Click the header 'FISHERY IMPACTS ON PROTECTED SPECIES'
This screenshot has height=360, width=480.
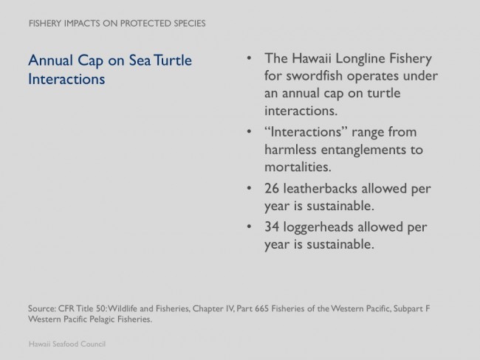pyautogui.click(x=117, y=24)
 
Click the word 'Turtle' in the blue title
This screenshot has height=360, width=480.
pyautogui.click(x=173, y=60)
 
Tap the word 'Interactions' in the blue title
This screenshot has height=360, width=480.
pyautogui.click(x=66, y=79)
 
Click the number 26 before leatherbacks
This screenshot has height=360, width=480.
pyautogui.click(x=272, y=188)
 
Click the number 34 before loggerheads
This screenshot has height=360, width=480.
pyautogui.click(x=272, y=227)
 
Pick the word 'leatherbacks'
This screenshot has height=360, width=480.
pyautogui.click(x=320, y=188)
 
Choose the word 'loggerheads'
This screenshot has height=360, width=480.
pyautogui.click(x=318, y=228)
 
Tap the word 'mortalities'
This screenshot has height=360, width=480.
pyautogui.click(x=298, y=167)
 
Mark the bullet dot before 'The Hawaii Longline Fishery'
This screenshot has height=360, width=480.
pyautogui.click(x=249, y=58)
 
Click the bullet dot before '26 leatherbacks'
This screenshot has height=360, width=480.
pyautogui.click(x=249, y=188)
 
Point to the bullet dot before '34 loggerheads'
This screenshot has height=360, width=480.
pyautogui.click(x=249, y=226)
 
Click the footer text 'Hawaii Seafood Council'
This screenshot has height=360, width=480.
pyautogui.click(x=67, y=344)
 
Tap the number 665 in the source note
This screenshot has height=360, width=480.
pyautogui.click(x=261, y=308)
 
